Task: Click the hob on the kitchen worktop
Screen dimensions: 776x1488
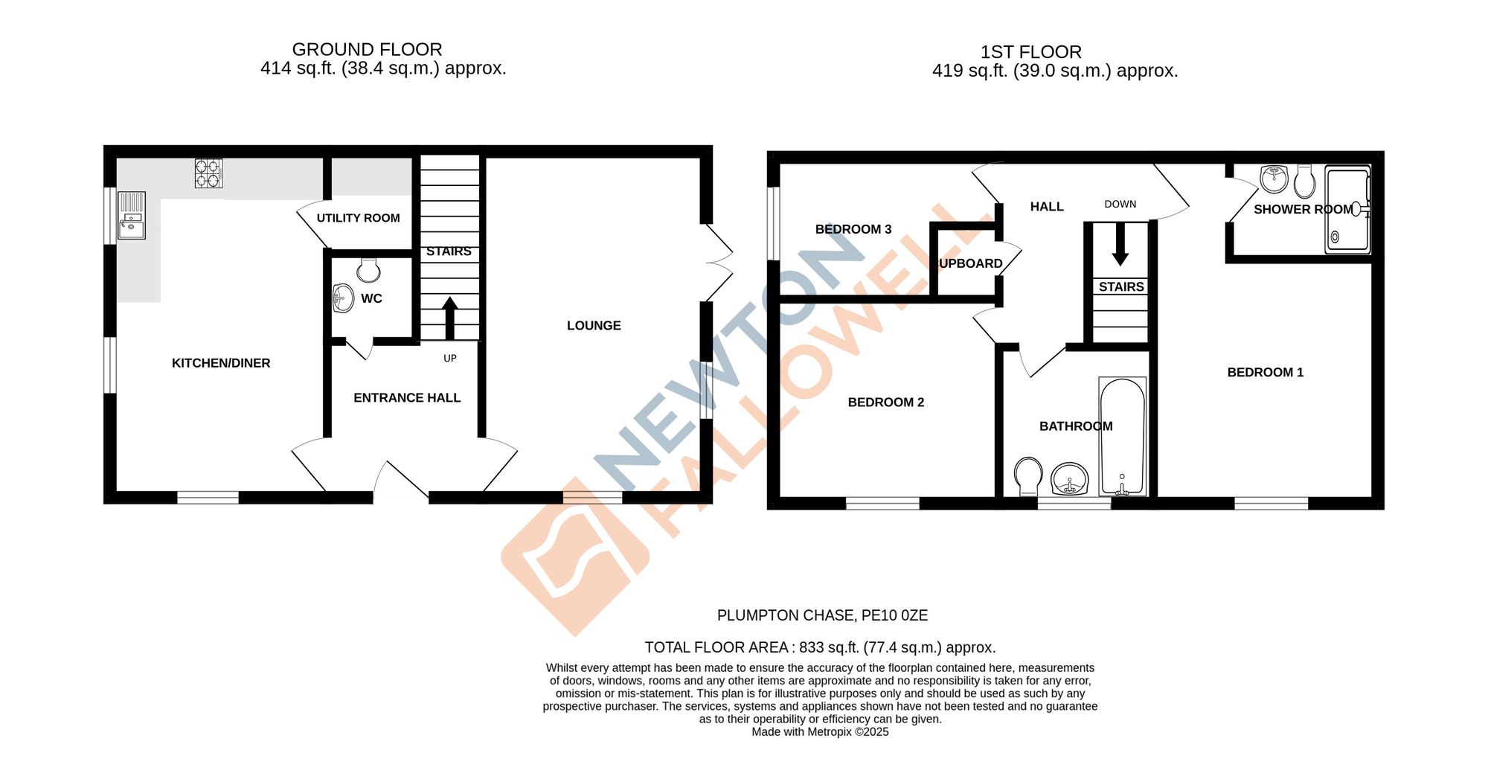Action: tap(208, 173)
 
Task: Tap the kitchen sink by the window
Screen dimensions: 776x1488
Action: tap(132, 216)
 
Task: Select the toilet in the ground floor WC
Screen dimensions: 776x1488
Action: tap(368, 270)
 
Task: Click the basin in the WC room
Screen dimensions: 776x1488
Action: tap(342, 298)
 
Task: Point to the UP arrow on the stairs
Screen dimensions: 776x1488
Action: tap(449, 318)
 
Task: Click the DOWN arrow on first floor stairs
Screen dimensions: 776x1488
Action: tap(1120, 244)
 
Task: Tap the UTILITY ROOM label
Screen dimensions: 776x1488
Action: tap(358, 218)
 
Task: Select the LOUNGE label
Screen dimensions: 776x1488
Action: tap(593, 325)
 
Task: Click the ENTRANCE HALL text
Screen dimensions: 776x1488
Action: tap(406, 398)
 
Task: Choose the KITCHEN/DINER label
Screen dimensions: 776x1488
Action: tap(220, 363)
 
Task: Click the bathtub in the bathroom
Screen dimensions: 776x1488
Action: tap(1122, 437)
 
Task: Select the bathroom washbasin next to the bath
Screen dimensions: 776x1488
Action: tap(1070, 479)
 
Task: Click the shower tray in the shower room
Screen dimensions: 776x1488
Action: tap(1347, 210)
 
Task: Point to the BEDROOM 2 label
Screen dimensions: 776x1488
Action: tap(885, 403)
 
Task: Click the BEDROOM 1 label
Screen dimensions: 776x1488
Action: tap(1265, 373)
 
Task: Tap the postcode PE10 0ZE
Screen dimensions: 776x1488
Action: tap(894, 615)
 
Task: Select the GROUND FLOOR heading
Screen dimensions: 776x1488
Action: tap(367, 49)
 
